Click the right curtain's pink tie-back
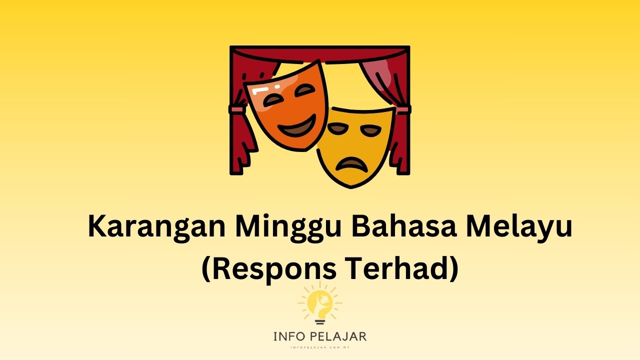403,109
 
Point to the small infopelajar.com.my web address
319,346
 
